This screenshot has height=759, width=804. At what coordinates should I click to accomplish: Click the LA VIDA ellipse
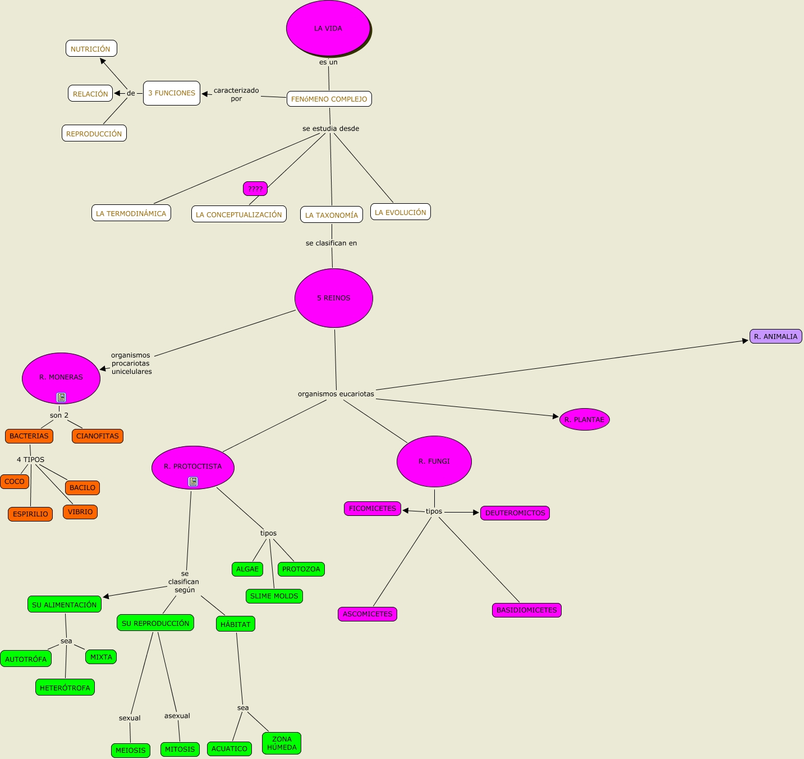[x=328, y=28]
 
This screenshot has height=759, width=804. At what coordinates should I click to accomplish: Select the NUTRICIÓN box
[x=91, y=49]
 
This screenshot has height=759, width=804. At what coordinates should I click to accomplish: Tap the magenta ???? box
[x=255, y=189]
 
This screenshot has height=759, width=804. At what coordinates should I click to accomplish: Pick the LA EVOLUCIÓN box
[x=400, y=212]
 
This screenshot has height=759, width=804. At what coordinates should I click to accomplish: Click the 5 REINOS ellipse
[x=334, y=298]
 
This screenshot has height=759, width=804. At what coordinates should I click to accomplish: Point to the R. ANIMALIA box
[x=775, y=336]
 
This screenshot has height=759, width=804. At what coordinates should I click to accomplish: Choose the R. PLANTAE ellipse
[x=584, y=419]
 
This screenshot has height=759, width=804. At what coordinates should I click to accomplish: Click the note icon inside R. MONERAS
[x=61, y=397]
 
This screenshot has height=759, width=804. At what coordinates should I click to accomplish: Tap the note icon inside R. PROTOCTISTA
[x=193, y=482]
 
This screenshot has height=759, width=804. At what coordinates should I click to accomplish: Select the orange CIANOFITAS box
[x=98, y=436]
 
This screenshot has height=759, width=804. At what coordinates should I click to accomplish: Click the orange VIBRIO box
[x=80, y=512]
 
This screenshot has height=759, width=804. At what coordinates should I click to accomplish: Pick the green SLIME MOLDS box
[x=274, y=596]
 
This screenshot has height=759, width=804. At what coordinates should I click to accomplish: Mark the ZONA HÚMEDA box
[x=282, y=743]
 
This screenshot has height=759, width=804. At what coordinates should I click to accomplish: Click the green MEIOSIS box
[x=131, y=750]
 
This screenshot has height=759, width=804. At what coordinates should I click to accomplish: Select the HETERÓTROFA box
[x=65, y=688]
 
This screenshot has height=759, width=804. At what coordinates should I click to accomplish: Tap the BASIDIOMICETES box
[x=526, y=610]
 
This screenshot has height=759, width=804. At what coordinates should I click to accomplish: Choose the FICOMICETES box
[x=373, y=509]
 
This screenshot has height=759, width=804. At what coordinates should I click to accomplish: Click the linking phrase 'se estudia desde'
[x=330, y=129]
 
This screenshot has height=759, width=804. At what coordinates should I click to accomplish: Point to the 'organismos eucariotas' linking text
[x=336, y=394]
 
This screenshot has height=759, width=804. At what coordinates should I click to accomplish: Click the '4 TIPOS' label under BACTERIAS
[x=31, y=460]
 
